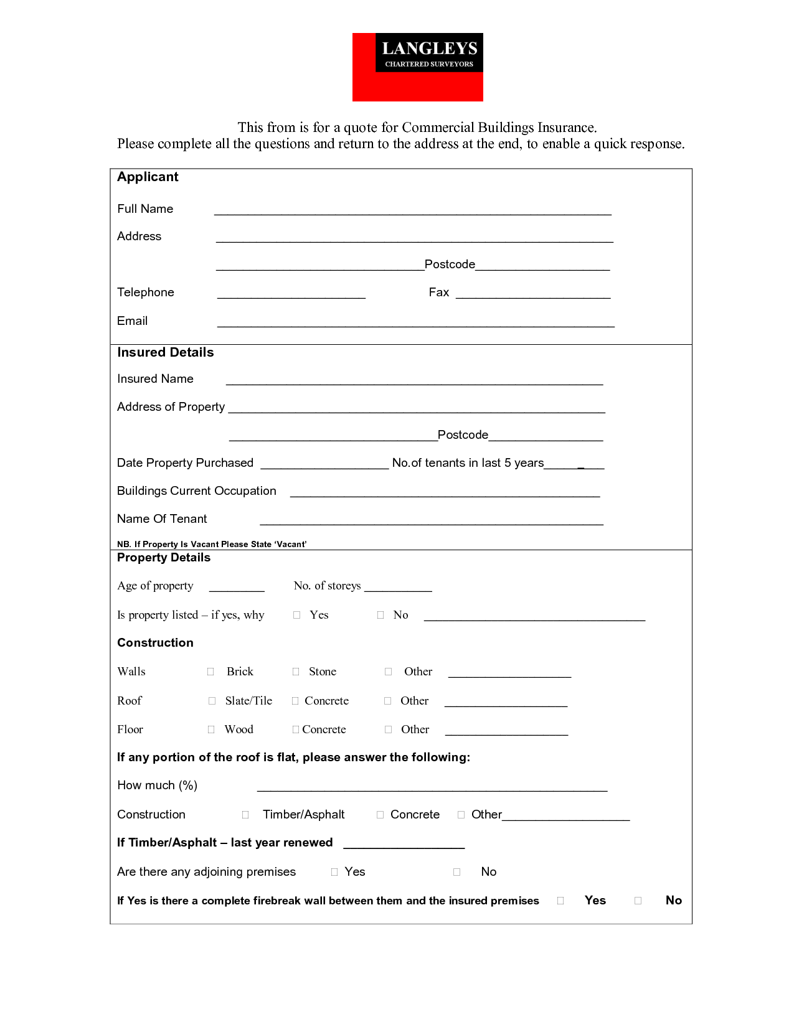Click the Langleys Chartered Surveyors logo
click(x=417, y=67)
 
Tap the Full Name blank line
click(x=412, y=210)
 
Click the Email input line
click(x=415, y=322)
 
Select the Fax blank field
click(x=532, y=294)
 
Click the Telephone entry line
click(x=291, y=294)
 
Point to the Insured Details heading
click(x=165, y=352)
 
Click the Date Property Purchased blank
click(x=324, y=464)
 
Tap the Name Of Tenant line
click(x=431, y=520)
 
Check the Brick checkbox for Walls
click(x=210, y=672)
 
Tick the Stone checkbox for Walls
click(x=296, y=672)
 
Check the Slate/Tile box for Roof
click(x=212, y=701)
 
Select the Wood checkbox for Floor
click(x=211, y=729)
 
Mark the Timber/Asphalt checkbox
click(x=245, y=815)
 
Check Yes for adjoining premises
click(x=334, y=872)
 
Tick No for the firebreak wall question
click(x=638, y=901)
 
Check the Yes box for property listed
click(x=297, y=615)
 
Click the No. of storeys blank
click(x=398, y=587)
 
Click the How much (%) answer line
click(x=432, y=787)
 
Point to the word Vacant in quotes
click(x=291, y=544)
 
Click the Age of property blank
click(x=237, y=587)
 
